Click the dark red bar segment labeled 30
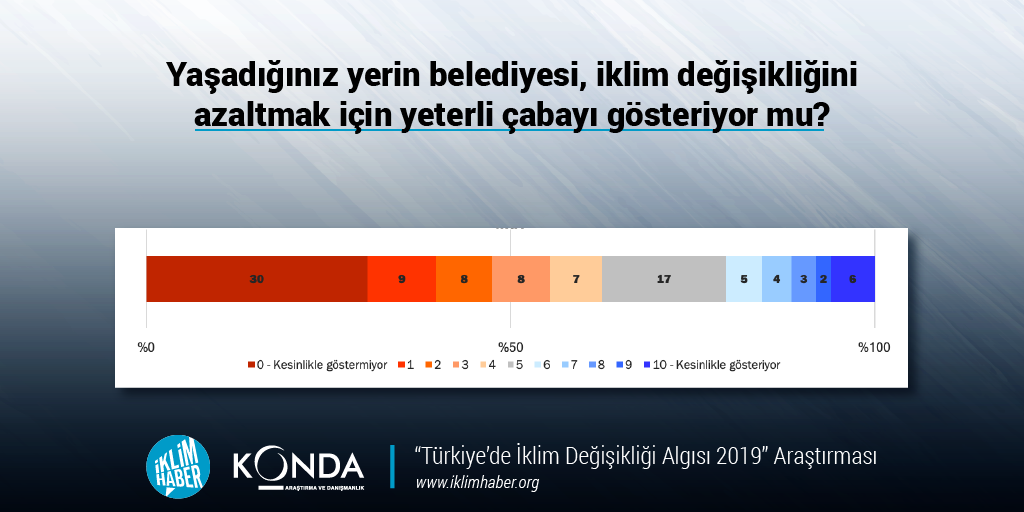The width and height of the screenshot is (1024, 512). point(257,279)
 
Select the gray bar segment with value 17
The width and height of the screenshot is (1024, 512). point(664,279)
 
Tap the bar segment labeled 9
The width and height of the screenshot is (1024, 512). point(402,279)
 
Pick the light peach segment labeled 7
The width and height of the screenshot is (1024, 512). point(576,279)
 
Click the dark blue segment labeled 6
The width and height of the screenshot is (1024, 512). point(852,279)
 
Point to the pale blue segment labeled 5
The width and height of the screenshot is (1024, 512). point(744,279)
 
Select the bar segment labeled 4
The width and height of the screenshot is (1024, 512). point(776,279)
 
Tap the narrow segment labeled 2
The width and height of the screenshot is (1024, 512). point(824,279)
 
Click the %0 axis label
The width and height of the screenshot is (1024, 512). point(146,347)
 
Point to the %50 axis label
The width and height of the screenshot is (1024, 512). point(511,347)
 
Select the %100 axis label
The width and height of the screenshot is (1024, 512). point(874,347)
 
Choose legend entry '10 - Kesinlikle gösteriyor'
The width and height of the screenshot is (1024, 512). point(712,365)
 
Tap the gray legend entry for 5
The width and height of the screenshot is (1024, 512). point(515,365)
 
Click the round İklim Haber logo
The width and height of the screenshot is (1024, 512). point(178,466)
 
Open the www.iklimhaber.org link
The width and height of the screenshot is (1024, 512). point(477,483)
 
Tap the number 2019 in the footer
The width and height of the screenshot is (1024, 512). point(739,456)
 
